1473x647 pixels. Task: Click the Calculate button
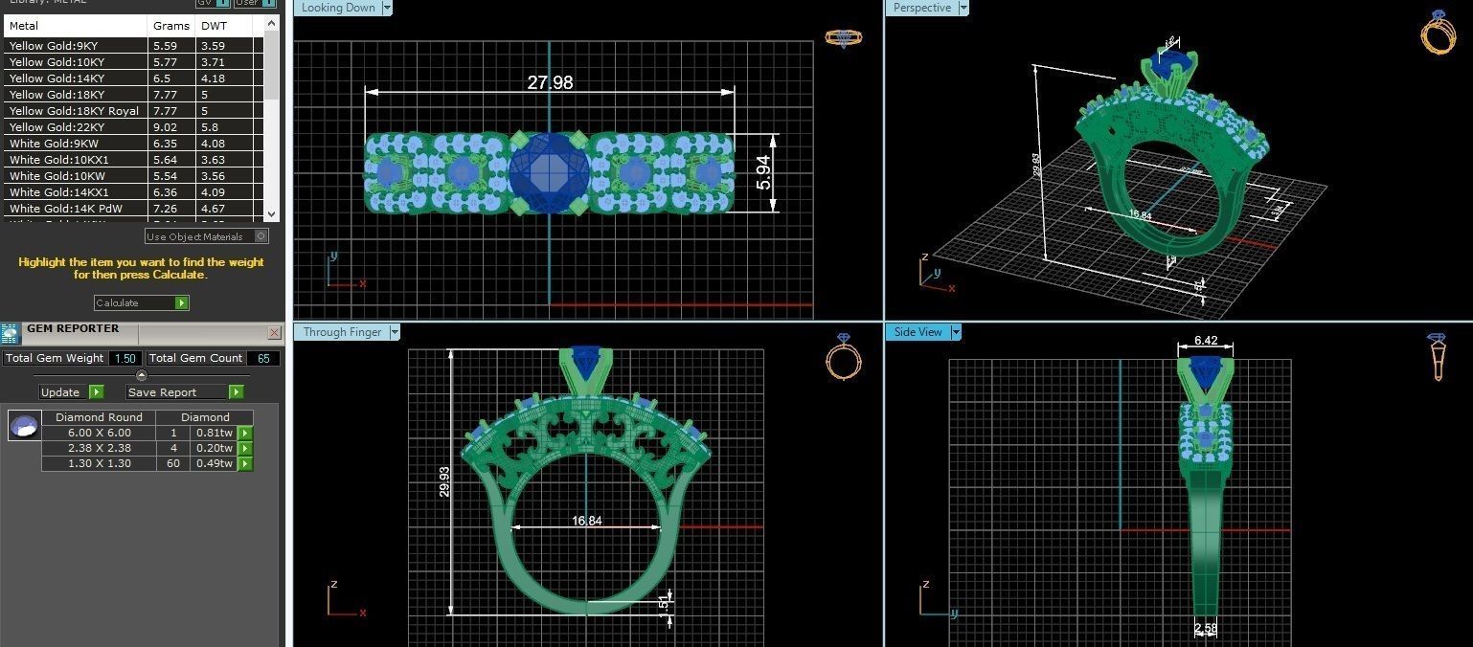tap(141, 302)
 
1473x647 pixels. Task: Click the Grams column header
tap(171, 26)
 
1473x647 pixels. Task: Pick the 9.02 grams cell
tap(165, 127)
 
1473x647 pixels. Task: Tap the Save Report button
tap(185, 392)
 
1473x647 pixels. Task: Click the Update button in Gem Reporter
tap(71, 392)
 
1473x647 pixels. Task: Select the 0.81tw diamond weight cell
tap(214, 433)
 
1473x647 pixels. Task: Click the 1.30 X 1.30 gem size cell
tap(99, 463)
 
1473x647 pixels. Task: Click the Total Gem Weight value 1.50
tap(125, 358)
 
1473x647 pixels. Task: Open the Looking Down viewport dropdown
tap(387, 8)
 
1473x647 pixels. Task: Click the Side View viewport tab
tap(918, 332)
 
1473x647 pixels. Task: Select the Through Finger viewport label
tap(342, 332)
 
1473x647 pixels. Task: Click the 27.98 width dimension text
tap(550, 83)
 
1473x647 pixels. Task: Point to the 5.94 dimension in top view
tap(763, 172)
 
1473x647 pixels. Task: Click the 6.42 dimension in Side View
tap(1205, 341)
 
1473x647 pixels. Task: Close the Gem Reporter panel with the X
tap(274, 333)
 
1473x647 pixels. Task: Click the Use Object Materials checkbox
tap(261, 236)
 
